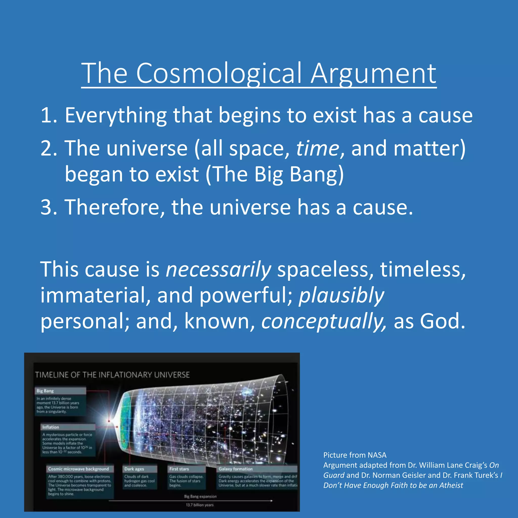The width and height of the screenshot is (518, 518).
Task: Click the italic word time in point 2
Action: [317, 148]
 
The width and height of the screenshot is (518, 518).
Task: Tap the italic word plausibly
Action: [341, 295]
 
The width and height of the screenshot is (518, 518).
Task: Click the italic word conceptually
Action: [323, 321]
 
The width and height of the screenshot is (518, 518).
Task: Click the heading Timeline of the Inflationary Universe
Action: [112, 375]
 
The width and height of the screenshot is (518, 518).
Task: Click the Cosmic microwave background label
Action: [79, 469]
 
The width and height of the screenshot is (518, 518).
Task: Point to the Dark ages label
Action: [134, 469]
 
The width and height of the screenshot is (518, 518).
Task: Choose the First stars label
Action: [179, 469]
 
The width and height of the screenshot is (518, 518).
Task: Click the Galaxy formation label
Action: [236, 469]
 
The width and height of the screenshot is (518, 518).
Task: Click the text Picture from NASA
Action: [355, 455]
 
